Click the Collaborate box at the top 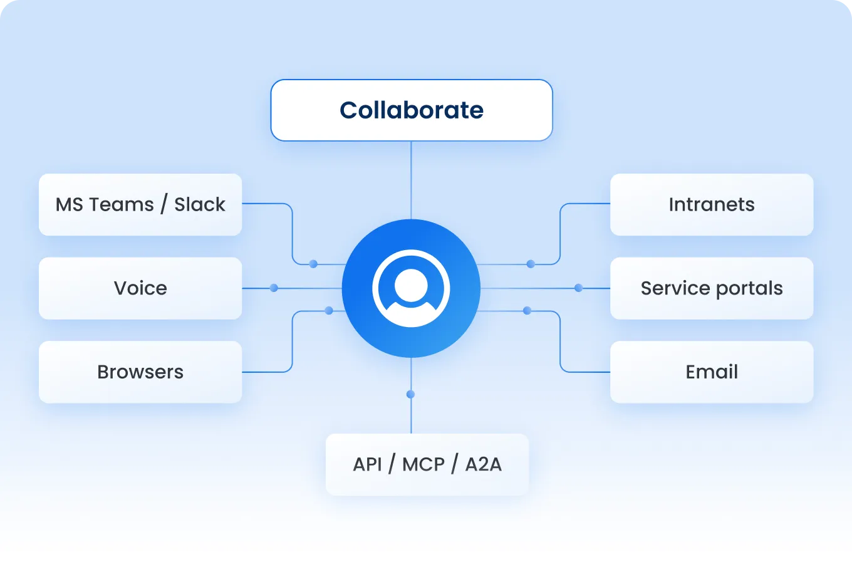click(x=411, y=110)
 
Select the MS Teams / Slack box click(x=140, y=205)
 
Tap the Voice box click(x=140, y=288)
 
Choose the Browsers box click(x=140, y=372)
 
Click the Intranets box click(x=712, y=205)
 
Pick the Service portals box click(x=712, y=288)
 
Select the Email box click(x=712, y=372)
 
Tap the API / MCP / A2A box click(x=427, y=464)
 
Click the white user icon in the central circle click(x=411, y=288)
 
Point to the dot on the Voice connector click(x=274, y=288)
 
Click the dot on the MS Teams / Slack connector click(x=313, y=264)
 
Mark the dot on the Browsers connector click(x=329, y=310)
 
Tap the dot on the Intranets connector click(x=531, y=264)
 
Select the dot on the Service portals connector click(x=578, y=288)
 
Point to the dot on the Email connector click(x=527, y=310)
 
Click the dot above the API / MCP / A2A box click(x=410, y=394)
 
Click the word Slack click(x=200, y=205)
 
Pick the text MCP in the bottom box click(x=423, y=464)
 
